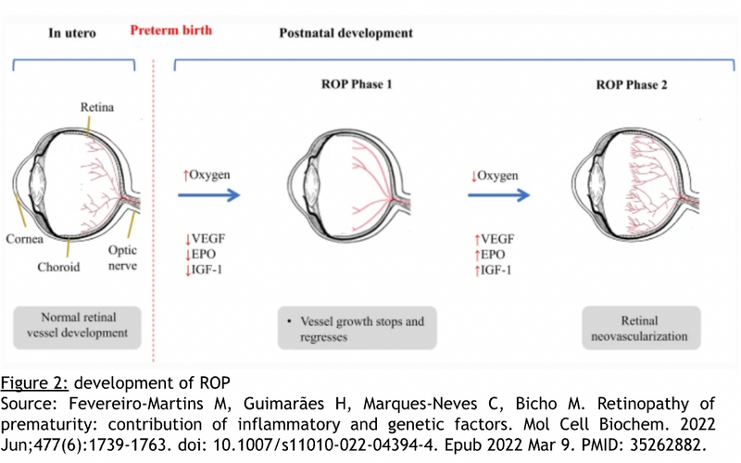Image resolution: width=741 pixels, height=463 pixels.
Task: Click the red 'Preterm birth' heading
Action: [170, 31]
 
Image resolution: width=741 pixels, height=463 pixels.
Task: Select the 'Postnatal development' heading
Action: [345, 33]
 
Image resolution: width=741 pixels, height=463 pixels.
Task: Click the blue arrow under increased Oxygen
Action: [211, 195]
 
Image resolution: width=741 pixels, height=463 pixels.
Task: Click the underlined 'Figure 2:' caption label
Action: [28, 382]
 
